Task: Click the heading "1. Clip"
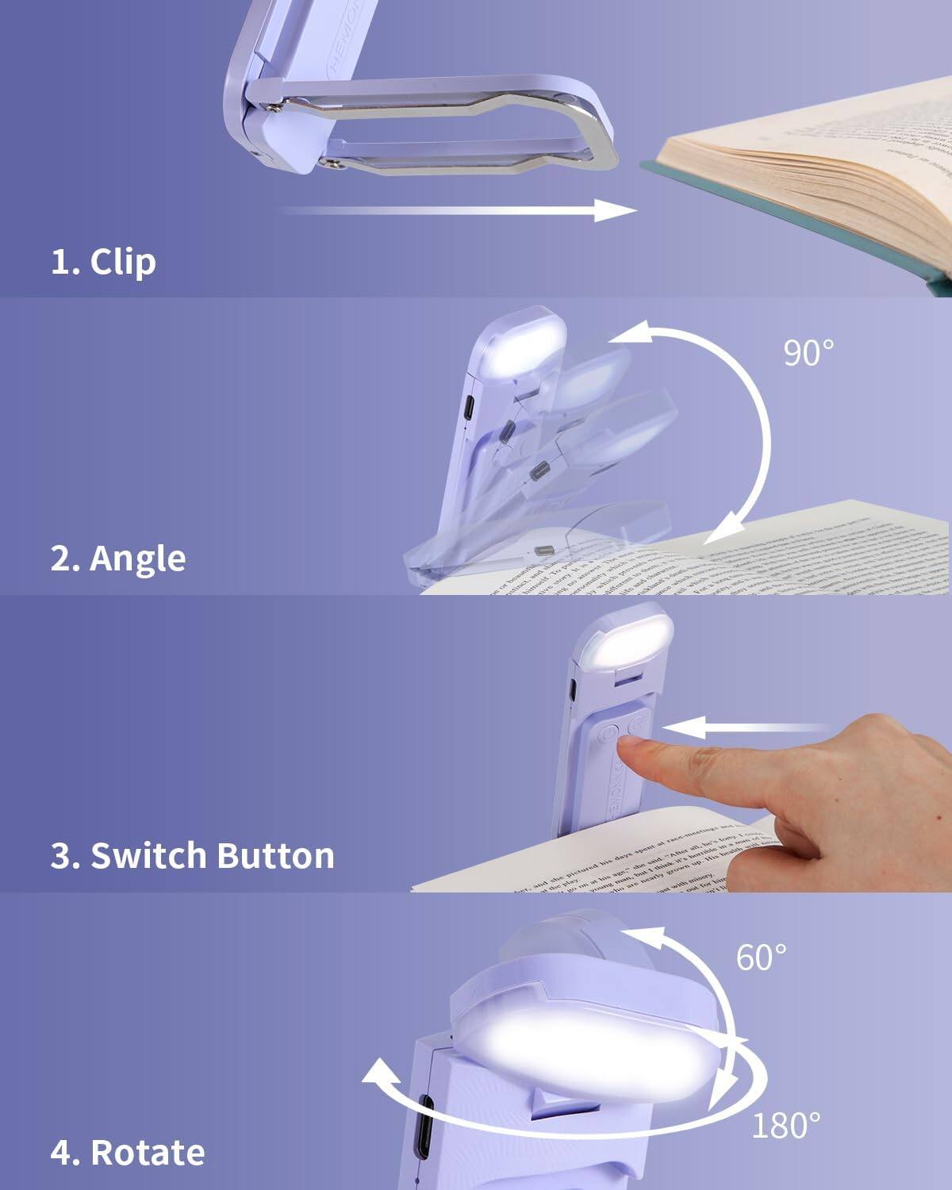click(x=103, y=262)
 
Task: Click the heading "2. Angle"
click(x=118, y=559)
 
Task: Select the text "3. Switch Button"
click(x=192, y=856)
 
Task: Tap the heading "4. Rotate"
click(x=128, y=1153)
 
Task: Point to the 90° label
click(x=808, y=353)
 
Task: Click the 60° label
click(x=761, y=958)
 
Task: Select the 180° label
click(x=785, y=1126)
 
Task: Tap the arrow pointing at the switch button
click(x=746, y=727)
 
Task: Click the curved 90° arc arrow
click(x=766, y=428)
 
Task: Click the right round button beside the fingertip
click(x=638, y=725)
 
